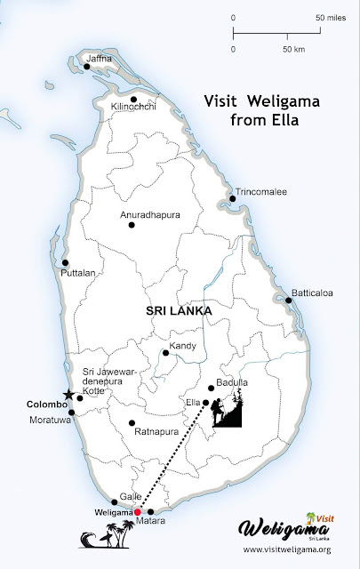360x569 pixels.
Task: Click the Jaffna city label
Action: [100, 58]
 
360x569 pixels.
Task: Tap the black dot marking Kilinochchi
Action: [133, 100]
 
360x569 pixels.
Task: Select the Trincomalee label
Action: [261, 191]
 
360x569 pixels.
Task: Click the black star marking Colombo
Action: [68, 395]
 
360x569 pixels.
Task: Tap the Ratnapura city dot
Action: [132, 422]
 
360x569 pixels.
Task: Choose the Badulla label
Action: [233, 382]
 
